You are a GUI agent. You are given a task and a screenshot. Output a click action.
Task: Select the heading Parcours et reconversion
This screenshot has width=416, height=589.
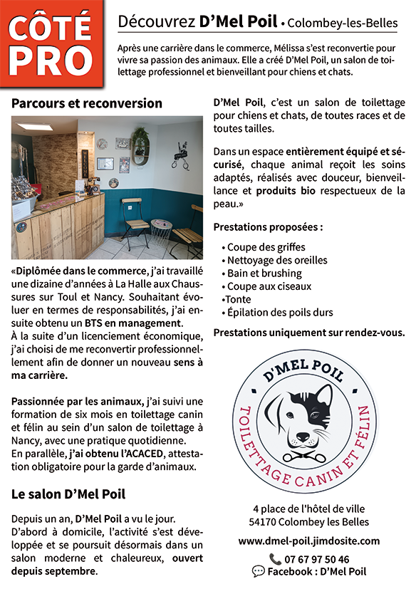(87, 103)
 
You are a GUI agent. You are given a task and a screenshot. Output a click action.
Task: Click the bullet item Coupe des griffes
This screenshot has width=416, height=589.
(266, 247)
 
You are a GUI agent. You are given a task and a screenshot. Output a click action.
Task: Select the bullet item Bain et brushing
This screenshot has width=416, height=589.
(264, 273)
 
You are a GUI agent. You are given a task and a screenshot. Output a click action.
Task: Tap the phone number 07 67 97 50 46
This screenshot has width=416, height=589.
(318, 559)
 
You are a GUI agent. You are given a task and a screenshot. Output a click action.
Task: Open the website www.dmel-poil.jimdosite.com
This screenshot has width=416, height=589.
(309, 541)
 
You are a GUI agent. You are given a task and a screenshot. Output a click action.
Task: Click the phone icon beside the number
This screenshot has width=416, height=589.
(275, 559)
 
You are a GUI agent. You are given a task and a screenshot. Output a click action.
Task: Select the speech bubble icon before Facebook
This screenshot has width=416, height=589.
(259, 571)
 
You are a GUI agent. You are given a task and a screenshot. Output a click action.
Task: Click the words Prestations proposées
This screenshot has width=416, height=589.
(268, 228)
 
